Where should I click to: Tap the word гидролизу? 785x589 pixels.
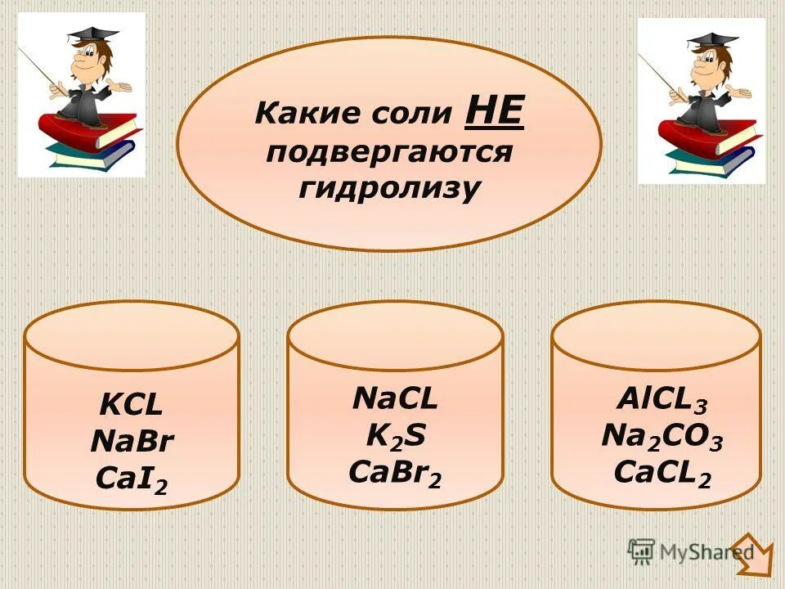pyautogui.click(x=388, y=188)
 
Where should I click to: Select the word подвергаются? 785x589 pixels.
pyautogui.click(x=388, y=151)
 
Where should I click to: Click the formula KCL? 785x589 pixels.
pyautogui.click(x=131, y=404)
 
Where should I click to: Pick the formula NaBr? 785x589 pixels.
pyautogui.click(x=132, y=441)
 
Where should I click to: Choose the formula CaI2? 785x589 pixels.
pyautogui.click(x=132, y=478)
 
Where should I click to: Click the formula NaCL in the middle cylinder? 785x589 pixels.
pyautogui.click(x=395, y=398)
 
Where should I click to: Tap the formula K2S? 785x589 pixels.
pyautogui.click(x=395, y=436)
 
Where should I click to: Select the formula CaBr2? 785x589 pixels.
pyautogui.click(x=395, y=473)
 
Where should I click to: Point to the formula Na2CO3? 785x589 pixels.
pyautogui.click(x=662, y=436)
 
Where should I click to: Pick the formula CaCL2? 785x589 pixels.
pyautogui.click(x=662, y=472)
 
